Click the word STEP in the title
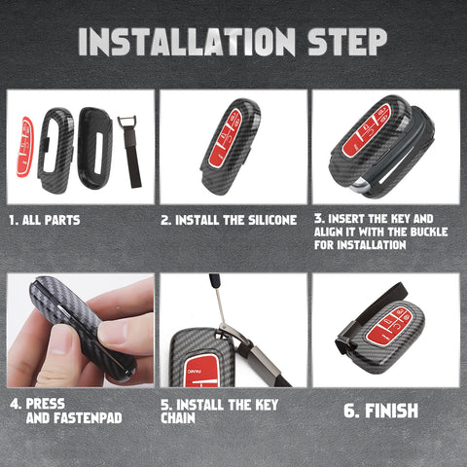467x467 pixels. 346,42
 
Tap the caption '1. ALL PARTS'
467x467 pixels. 44,220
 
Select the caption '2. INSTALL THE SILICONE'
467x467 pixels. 229,220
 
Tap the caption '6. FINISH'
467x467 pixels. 381,410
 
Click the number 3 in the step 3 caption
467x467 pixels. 317,220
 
